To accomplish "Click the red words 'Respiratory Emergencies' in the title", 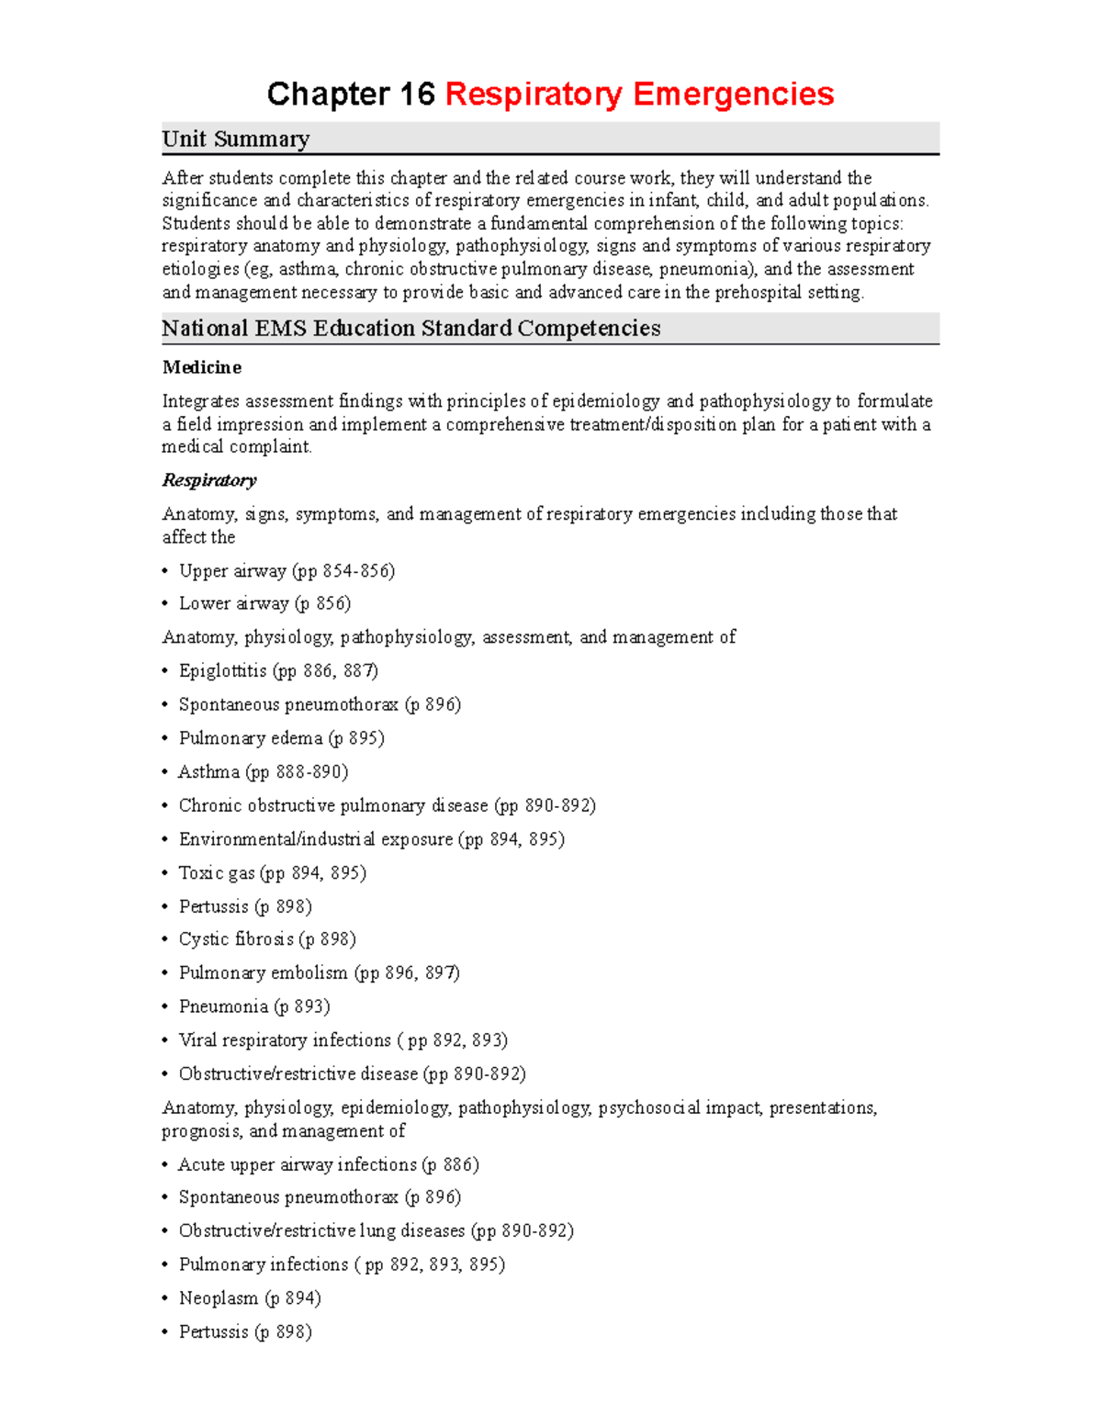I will [x=639, y=94].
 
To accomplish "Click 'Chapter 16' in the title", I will [x=351, y=94].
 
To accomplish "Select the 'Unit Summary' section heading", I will [x=236, y=139].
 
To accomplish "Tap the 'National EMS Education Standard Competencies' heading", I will [x=410, y=329].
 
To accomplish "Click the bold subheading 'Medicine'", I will [x=202, y=367].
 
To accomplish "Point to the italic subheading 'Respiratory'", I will [x=209, y=480].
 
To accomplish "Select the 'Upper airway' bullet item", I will [x=287, y=571].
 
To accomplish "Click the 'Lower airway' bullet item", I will [x=264, y=603].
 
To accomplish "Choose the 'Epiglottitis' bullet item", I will [x=278, y=671].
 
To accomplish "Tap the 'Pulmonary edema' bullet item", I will [x=281, y=738].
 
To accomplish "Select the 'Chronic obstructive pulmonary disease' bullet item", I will [x=387, y=806].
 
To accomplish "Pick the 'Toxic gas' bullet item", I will [x=272, y=873].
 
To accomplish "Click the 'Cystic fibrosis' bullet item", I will [x=267, y=939].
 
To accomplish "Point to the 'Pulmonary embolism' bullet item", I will [x=319, y=973].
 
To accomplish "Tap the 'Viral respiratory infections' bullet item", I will [x=343, y=1040].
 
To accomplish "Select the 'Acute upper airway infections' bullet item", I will [x=329, y=1165].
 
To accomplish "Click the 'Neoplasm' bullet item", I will [x=250, y=1298].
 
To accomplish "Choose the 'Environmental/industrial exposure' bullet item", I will [x=371, y=839].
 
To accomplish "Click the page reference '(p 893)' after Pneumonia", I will [x=302, y=1007].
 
